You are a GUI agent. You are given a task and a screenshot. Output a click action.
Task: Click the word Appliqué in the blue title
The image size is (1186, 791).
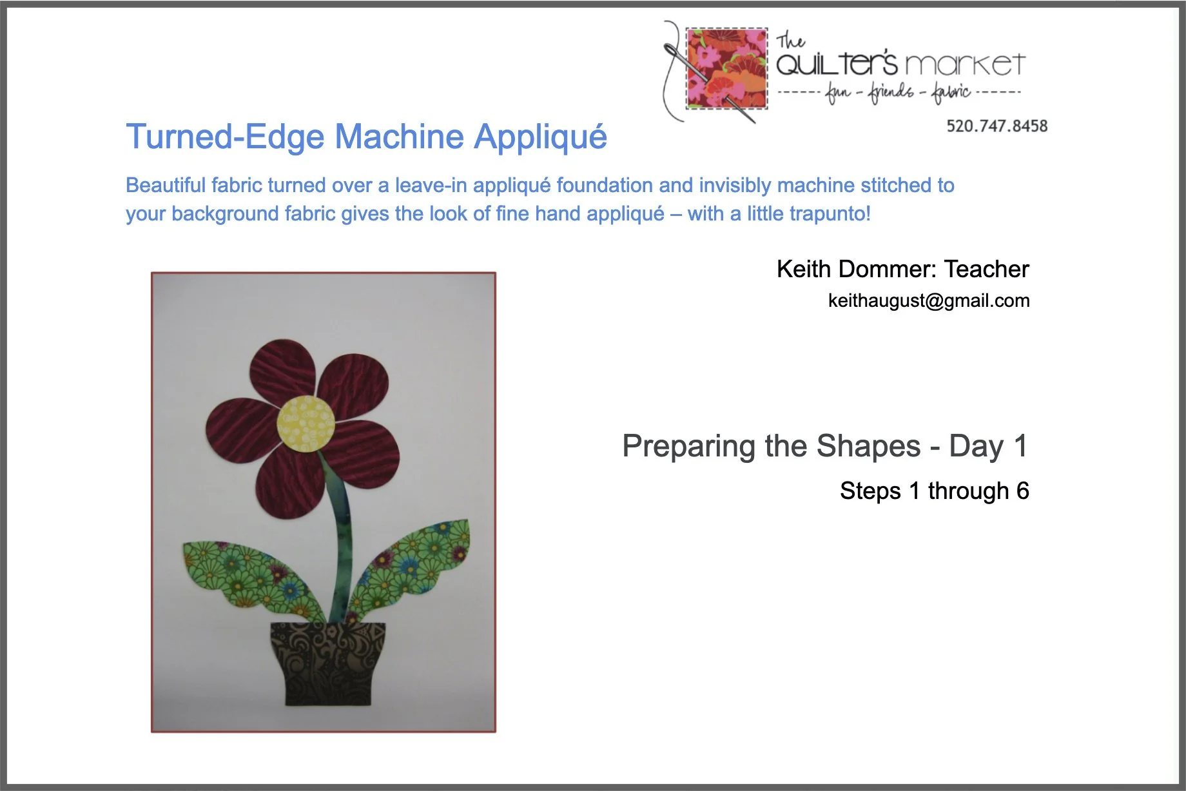click(540, 137)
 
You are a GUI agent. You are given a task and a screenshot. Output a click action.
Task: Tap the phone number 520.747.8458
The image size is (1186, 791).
click(996, 126)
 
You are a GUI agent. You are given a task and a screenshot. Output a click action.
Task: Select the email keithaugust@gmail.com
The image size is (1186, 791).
click(928, 300)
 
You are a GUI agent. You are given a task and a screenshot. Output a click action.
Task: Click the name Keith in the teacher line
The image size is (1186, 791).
click(803, 269)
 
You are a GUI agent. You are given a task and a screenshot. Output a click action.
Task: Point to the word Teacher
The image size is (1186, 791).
click(986, 269)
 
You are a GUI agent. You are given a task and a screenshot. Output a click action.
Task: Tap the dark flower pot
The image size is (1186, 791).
click(327, 661)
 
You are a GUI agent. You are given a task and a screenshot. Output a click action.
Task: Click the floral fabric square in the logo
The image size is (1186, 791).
click(726, 68)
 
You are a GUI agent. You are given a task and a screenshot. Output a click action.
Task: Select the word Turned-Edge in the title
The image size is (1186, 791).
click(224, 137)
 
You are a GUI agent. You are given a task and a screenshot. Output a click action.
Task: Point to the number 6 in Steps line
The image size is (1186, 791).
click(1022, 491)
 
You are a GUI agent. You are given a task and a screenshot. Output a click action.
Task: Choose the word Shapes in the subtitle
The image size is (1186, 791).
click(868, 445)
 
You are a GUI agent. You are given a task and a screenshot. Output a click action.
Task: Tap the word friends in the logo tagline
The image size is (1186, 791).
click(891, 92)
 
